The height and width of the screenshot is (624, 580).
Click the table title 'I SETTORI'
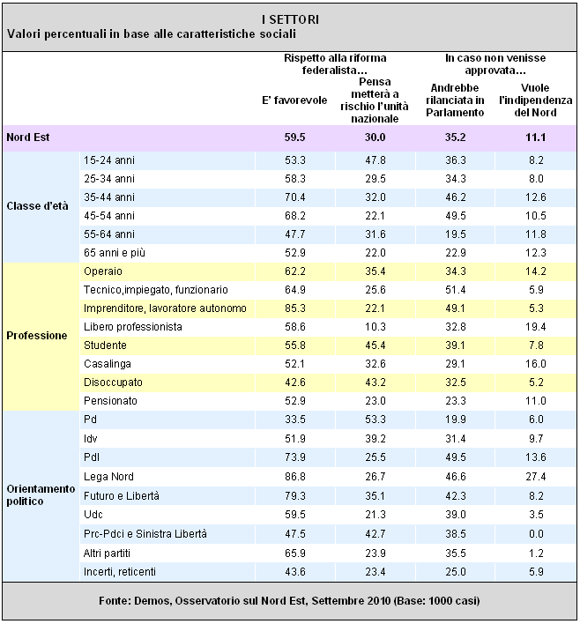click(290, 19)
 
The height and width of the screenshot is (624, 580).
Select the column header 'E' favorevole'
click(294, 100)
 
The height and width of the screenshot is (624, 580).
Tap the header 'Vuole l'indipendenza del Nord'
click(535, 100)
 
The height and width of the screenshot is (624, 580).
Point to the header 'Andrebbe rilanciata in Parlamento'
click(455, 100)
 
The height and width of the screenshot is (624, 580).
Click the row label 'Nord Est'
click(28, 137)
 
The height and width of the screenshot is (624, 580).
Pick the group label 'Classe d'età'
click(37, 206)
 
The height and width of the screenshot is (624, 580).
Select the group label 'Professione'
click(37, 336)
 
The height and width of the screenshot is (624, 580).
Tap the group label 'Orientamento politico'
click(41, 494)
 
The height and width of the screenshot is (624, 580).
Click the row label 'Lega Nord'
click(108, 476)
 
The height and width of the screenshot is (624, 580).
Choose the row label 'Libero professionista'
click(133, 327)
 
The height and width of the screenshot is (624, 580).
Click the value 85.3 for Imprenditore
click(295, 308)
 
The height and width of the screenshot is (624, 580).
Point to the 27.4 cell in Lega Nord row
click(535, 476)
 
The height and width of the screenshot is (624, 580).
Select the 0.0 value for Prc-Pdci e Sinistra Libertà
click(536, 534)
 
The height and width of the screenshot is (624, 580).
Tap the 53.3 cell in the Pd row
click(376, 420)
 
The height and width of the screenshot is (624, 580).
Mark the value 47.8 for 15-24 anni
click(376, 160)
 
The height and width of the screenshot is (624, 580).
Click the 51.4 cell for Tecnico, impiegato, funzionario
click(456, 290)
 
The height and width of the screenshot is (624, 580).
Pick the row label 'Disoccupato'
click(113, 383)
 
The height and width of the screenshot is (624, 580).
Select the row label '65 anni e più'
click(115, 253)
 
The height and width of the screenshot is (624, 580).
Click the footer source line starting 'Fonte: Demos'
click(289, 600)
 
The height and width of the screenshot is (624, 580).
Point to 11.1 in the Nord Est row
click(535, 137)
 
